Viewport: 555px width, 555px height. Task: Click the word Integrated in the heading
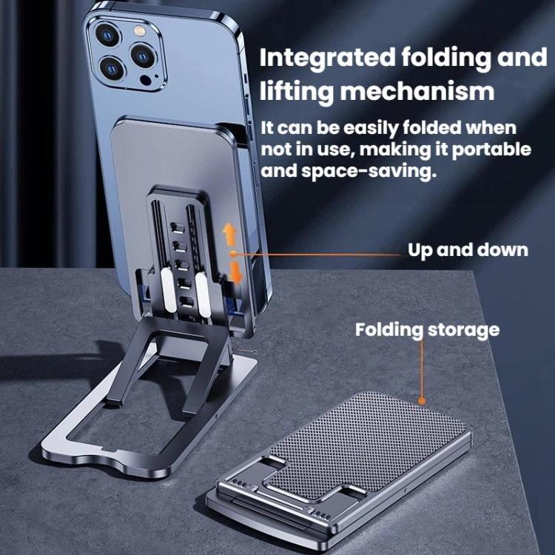coord(327,58)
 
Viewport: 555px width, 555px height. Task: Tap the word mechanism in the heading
coord(417,91)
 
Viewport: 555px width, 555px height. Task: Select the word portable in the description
coord(491,149)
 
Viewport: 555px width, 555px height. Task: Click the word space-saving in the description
coord(367,171)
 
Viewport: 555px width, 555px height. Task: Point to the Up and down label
coord(468,250)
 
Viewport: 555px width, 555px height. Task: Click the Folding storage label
coord(427,329)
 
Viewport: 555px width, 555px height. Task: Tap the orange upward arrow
coord(229,235)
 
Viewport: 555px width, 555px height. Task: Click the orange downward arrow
coord(236,272)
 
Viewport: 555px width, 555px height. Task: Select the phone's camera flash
coord(139,31)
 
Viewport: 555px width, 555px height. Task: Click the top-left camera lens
coord(107,35)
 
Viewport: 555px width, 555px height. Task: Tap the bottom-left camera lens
coord(112,68)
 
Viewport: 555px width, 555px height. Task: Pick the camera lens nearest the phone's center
coord(143,55)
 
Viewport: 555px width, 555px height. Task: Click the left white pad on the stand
coord(169,290)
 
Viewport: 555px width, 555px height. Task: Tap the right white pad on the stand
coord(203,295)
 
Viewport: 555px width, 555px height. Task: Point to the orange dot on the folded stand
coord(422,401)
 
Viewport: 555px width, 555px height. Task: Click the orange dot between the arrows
coord(232,253)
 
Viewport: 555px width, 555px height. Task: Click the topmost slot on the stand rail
coord(178,227)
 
